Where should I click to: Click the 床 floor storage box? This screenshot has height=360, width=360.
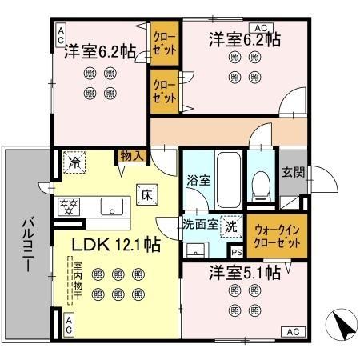point(147,193)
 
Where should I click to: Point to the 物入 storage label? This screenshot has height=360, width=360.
point(132,155)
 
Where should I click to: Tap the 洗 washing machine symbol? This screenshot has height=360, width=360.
point(230,226)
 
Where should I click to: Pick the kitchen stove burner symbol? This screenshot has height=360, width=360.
point(69,206)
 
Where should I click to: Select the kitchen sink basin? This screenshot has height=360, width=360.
point(114,204)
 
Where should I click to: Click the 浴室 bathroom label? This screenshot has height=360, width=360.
point(198,180)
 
